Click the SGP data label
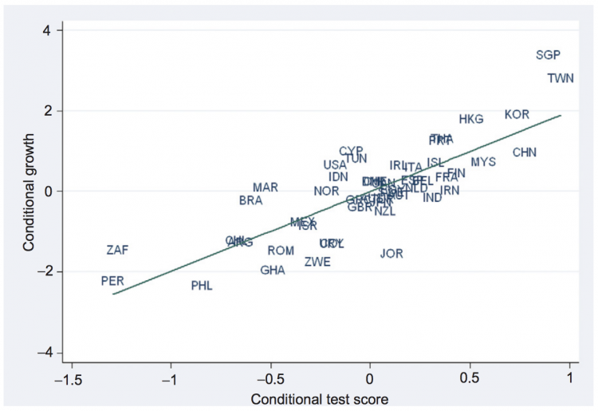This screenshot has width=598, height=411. click(x=548, y=55)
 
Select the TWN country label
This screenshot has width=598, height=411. click(x=561, y=78)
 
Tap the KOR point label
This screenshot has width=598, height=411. click(x=517, y=115)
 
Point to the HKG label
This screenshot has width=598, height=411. click(x=471, y=120)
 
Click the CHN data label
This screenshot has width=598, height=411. click(x=525, y=152)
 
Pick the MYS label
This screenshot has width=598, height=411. click(x=483, y=162)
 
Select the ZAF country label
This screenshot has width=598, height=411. click(x=117, y=250)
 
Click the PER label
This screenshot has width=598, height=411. click(x=112, y=281)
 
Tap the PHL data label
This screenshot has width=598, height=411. click(x=202, y=286)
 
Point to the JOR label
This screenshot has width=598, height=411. click(x=391, y=254)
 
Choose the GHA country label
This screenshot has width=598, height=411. click(x=273, y=271)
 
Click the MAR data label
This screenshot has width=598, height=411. click(x=266, y=188)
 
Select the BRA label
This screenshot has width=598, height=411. click(x=250, y=201)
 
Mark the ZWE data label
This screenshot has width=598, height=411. click(x=317, y=262)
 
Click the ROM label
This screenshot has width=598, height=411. click(x=281, y=251)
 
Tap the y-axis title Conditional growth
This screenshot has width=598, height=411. click(x=30, y=192)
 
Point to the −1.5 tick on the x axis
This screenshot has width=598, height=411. click(x=70, y=378)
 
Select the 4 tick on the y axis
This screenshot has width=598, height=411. click(x=48, y=30)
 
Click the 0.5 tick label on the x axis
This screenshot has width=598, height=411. click(x=470, y=378)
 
